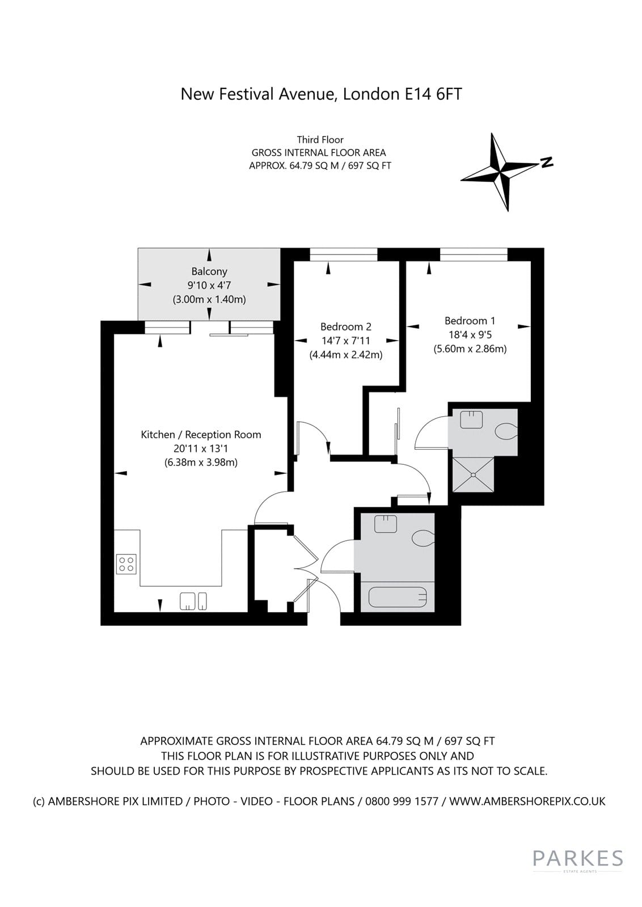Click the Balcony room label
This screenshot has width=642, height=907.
(x=209, y=271)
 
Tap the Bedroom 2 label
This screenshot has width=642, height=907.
(x=345, y=327)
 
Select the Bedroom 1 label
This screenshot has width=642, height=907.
(x=470, y=321)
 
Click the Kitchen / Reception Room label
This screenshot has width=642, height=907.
(x=201, y=434)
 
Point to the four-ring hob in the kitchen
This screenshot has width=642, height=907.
(x=126, y=564)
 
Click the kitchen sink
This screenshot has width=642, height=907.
(x=193, y=601)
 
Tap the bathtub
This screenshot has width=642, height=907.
(x=398, y=597)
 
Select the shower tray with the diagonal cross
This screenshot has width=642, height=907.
(x=472, y=474)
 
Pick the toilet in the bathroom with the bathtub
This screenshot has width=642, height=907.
(x=423, y=537)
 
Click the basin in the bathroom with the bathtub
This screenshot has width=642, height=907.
(x=386, y=524)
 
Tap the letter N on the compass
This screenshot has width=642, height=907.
(x=547, y=162)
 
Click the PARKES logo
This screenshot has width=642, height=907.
(x=577, y=858)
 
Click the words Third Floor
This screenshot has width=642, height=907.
(x=320, y=139)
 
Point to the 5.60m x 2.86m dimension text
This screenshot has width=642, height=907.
(x=470, y=349)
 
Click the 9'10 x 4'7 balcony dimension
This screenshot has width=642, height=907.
(x=209, y=285)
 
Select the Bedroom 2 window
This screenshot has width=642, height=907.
(x=344, y=255)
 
